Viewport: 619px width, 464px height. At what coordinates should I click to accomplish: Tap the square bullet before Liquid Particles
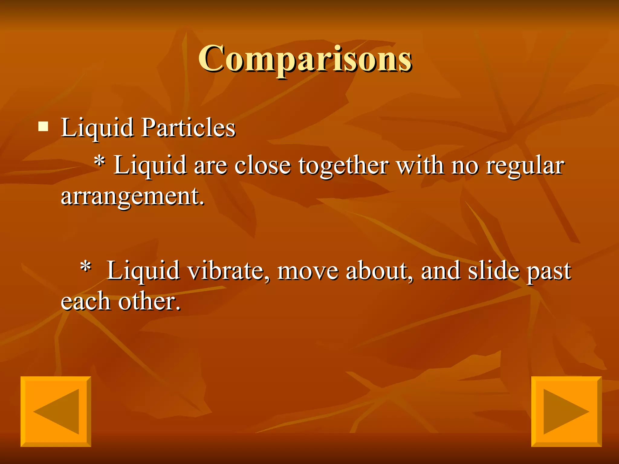[43, 127]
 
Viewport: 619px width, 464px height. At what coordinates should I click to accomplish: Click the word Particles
[188, 127]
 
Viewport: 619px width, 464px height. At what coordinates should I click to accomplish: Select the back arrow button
[56, 411]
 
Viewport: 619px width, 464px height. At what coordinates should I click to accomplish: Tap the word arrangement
[132, 197]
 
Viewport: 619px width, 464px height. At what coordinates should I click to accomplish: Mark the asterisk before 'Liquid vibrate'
[86, 267]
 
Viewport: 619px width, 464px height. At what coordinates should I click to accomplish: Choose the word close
[263, 166]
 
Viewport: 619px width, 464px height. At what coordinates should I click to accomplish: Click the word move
[308, 271]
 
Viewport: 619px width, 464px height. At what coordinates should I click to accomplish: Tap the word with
[420, 166]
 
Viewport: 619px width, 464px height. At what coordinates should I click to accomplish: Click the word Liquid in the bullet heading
[97, 127]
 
